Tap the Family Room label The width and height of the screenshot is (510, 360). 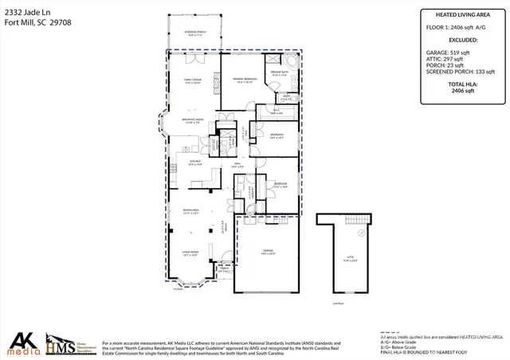[x=192, y=81]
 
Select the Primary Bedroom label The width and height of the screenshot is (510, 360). [x=243, y=81]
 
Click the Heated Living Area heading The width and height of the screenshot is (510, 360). [x=457, y=14]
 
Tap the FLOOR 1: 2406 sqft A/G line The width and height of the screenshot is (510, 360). [x=457, y=27]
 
